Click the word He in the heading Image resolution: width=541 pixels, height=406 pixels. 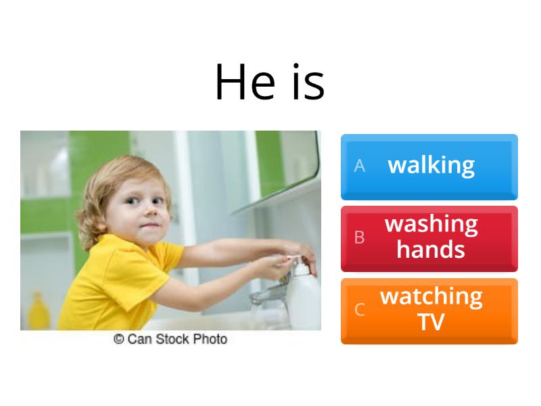click(245, 83)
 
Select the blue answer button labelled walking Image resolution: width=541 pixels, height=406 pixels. click(429, 166)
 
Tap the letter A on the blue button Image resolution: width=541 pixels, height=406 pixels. click(359, 166)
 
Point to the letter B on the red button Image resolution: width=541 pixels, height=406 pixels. click(359, 238)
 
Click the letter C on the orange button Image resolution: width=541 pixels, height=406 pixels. click(359, 310)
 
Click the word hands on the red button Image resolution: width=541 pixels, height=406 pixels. click(431, 250)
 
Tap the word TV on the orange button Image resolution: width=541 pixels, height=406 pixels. click(431, 322)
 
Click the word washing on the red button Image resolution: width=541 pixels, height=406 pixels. click(431, 224)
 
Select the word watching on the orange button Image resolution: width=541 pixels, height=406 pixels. click(431, 296)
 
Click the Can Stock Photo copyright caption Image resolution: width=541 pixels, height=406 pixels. click(170, 339)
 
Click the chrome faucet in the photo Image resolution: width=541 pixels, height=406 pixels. click(267, 294)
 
